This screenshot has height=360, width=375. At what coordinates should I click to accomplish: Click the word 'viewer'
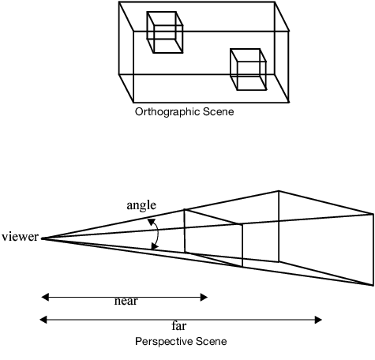pyautogui.click(x=19, y=236)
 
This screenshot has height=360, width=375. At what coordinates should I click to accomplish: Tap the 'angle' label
pyautogui.click(x=141, y=205)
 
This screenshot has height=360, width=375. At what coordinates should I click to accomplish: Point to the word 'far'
pyautogui.click(x=179, y=324)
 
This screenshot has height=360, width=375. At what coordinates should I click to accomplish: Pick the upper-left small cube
pyautogui.click(x=165, y=32)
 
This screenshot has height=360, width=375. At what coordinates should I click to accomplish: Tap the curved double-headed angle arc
pyautogui.click(x=157, y=235)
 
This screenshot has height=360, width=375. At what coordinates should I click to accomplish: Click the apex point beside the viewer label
pyautogui.click(x=42, y=238)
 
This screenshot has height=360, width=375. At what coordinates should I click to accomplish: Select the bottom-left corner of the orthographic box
pyautogui.click(x=120, y=75)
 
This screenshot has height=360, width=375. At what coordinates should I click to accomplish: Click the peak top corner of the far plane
pyautogui.click(x=278, y=190)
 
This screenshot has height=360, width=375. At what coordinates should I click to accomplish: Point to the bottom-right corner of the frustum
pyautogui.click(x=372, y=284)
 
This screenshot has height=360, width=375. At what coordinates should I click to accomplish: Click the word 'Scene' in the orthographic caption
pyautogui.click(x=219, y=112)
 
